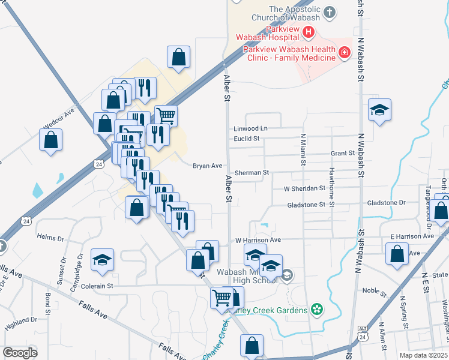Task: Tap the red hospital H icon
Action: click(309, 32)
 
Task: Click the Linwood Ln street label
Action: click(250, 128)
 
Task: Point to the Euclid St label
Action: click(246, 139)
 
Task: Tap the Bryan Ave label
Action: click(208, 166)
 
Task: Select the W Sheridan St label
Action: click(304, 188)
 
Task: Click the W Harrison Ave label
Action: click(258, 240)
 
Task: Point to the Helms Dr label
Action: click(50, 238)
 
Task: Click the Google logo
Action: click(20, 352)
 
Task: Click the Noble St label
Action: click(375, 290)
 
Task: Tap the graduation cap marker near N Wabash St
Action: click(379, 110)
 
